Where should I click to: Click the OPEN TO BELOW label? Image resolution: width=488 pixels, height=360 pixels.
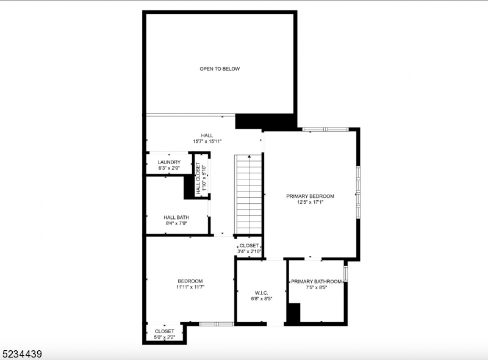[220, 69]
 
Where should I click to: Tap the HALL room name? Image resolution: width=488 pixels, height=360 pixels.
[207, 135]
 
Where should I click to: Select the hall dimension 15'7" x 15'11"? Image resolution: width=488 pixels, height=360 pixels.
[207, 141]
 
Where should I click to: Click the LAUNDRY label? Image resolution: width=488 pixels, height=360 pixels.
[169, 162]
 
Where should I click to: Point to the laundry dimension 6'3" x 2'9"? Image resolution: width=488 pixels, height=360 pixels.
[169, 168]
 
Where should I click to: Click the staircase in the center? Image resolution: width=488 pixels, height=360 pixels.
[249, 194]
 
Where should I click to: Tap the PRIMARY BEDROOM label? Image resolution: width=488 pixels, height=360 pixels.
[310, 196]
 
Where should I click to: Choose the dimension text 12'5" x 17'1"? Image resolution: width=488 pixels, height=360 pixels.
[310, 202]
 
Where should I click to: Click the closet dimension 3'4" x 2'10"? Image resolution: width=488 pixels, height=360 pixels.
[249, 251]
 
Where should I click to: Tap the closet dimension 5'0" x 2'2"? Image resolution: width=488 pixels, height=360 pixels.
[164, 337]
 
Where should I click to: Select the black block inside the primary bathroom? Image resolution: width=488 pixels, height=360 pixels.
[294, 314]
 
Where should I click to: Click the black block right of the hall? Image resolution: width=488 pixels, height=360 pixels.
[249, 121]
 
